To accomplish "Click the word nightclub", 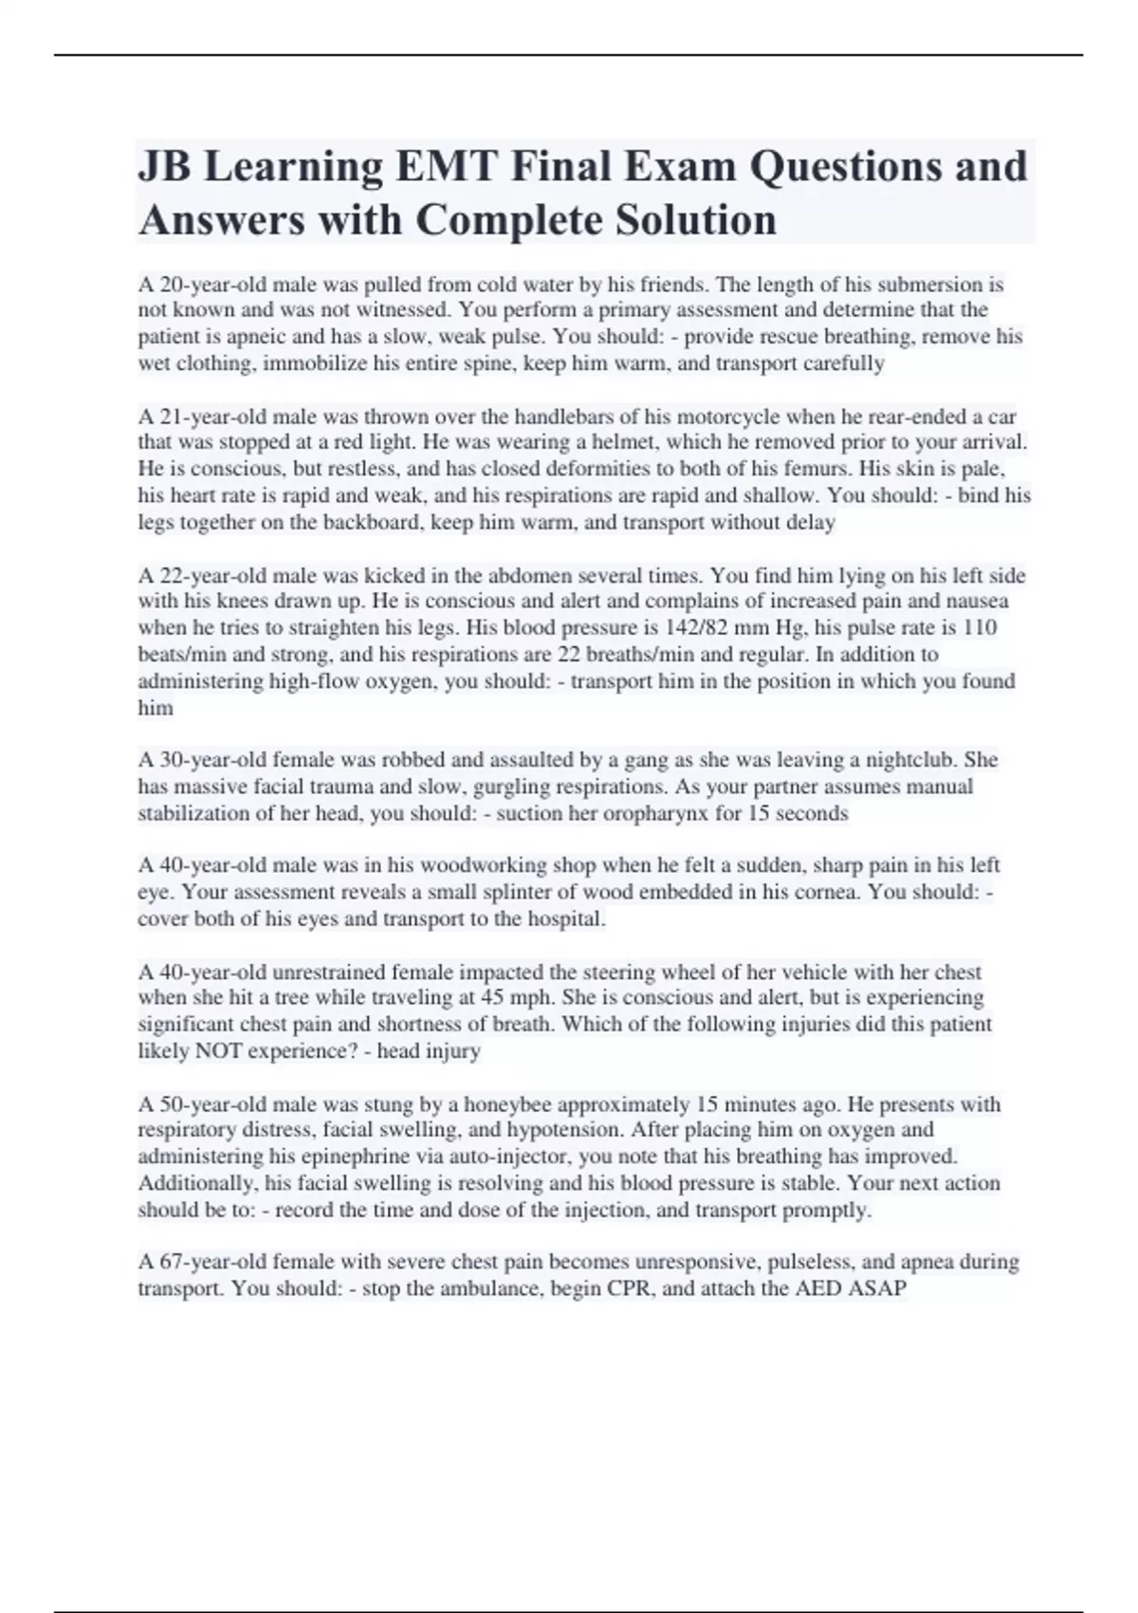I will coord(911,759).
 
